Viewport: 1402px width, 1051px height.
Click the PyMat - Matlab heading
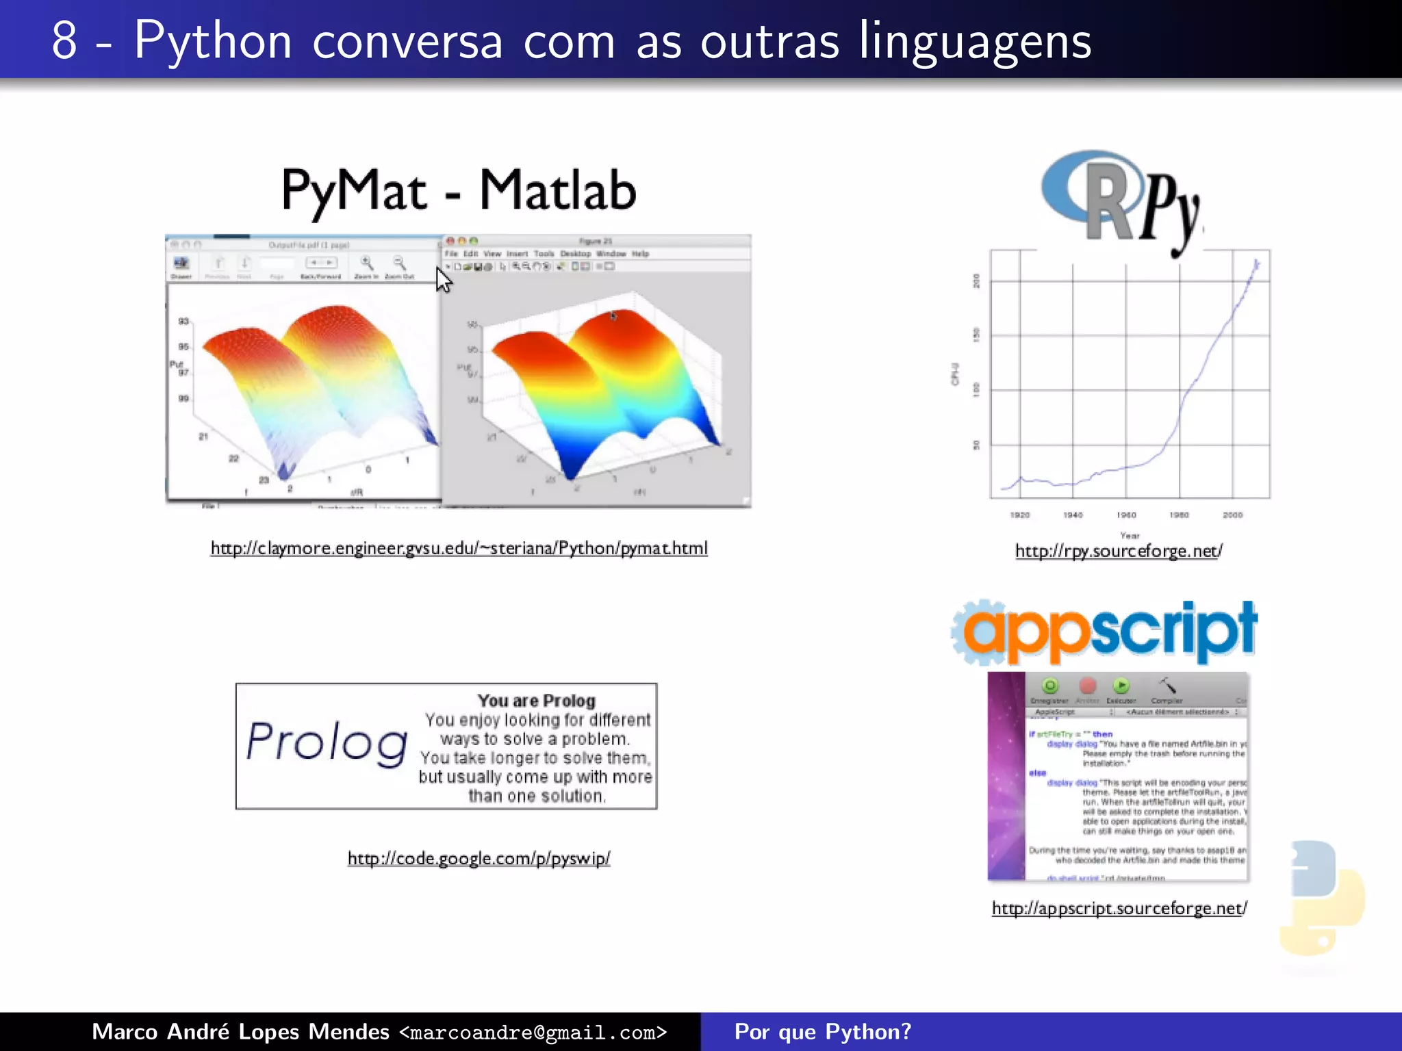[459, 191]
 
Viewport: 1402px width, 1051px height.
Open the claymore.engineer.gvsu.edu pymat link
[459, 549]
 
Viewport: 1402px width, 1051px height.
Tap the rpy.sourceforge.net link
[1119, 552]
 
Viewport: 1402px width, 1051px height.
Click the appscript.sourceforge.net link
[1119, 909]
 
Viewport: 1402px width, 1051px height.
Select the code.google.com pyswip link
[479, 859]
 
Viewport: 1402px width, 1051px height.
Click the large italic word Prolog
[327, 743]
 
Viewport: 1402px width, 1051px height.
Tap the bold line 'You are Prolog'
[537, 701]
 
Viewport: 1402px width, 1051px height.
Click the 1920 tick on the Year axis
[1020, 515]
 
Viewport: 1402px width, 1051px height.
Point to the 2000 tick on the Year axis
[1232, 515]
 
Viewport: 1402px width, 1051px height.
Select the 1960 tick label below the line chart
[1126, 515]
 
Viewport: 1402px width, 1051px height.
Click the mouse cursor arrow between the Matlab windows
[444, 280]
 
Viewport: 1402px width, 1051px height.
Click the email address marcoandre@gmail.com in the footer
[533, 1033]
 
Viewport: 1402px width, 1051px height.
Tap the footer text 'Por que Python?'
[823, 1032]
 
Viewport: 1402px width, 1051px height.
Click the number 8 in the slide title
[64, 41]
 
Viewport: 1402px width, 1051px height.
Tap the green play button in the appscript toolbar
[1121, 686]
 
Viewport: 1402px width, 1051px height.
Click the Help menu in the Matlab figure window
[640, 254]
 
